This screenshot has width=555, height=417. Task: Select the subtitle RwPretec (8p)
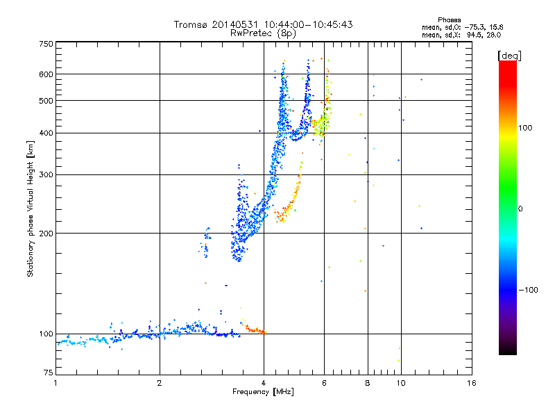[263, 33]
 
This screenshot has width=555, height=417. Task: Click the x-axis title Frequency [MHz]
[263, 392]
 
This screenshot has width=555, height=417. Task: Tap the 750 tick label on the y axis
[46, 44]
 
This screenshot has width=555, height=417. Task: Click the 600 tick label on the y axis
[46, 74]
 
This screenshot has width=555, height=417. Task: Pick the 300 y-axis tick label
[46, 174]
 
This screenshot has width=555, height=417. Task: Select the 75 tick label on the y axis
[49, 373]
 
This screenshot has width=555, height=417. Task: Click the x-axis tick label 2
[160, 383]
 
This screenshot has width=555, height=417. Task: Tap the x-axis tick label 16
[472, 383]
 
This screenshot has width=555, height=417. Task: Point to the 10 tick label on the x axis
[401, 383]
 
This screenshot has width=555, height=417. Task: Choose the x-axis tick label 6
[324, 383]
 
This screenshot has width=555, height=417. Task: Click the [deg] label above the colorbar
[509, 56]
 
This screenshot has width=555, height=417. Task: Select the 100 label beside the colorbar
[525, 128]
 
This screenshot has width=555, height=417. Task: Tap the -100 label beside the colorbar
[528, 290]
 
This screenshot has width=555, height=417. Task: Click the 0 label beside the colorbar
[520, 208]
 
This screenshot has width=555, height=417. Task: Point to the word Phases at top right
[449, 20]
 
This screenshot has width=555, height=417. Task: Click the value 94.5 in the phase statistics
[475, 35]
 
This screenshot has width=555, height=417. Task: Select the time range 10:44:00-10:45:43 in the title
[308, 24]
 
